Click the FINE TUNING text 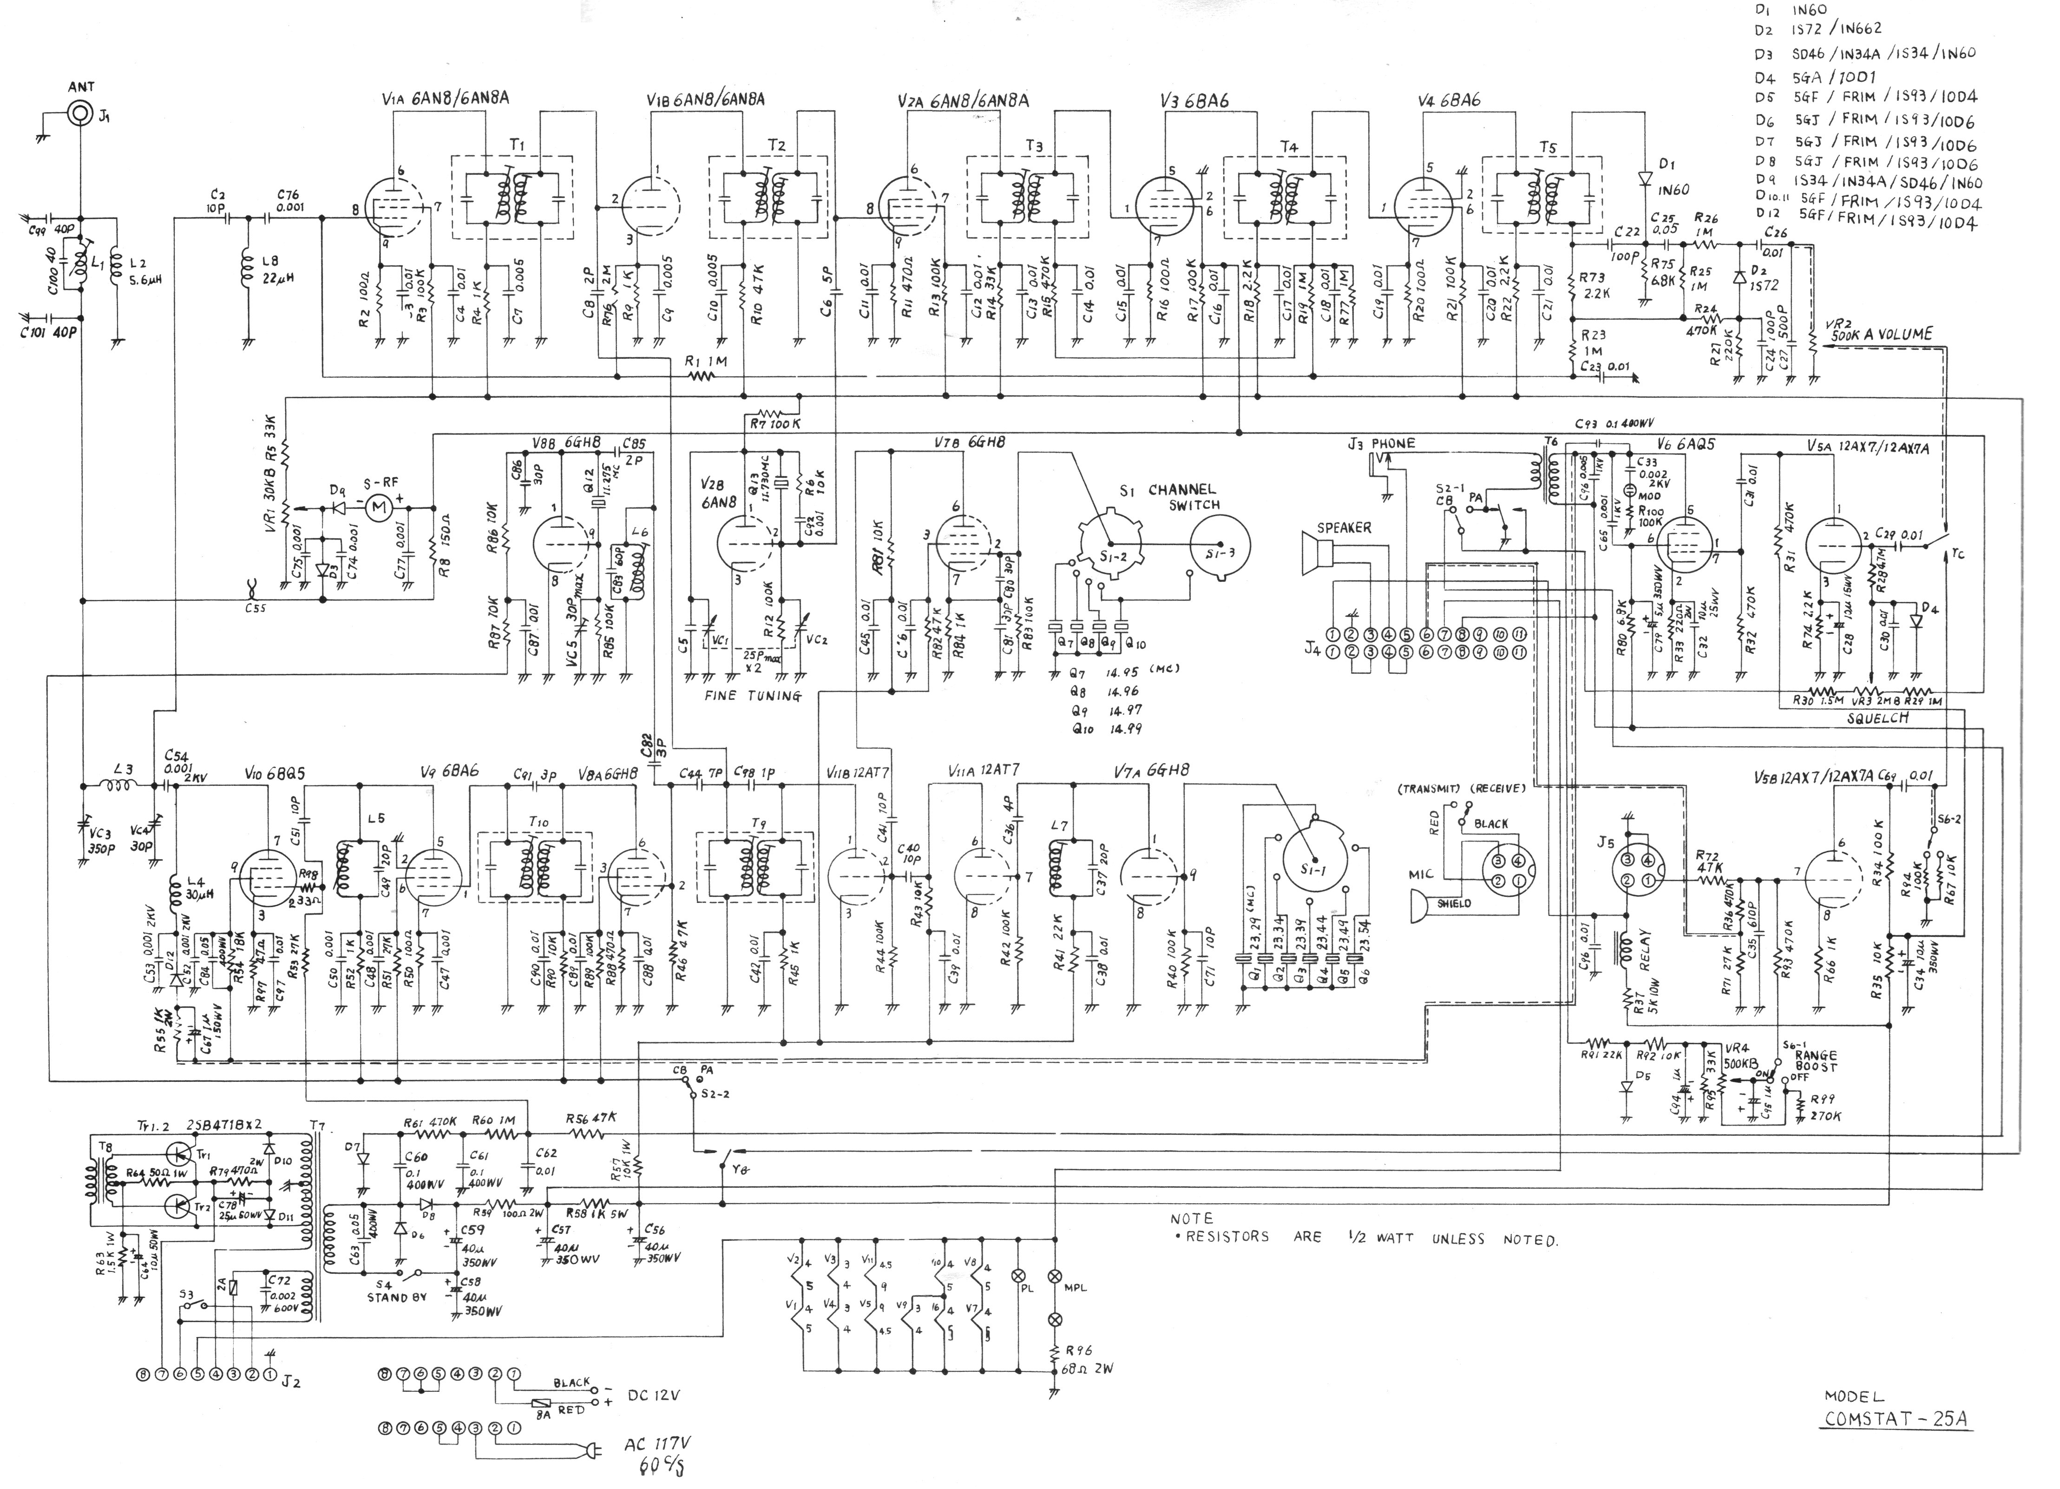point(753,696)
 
